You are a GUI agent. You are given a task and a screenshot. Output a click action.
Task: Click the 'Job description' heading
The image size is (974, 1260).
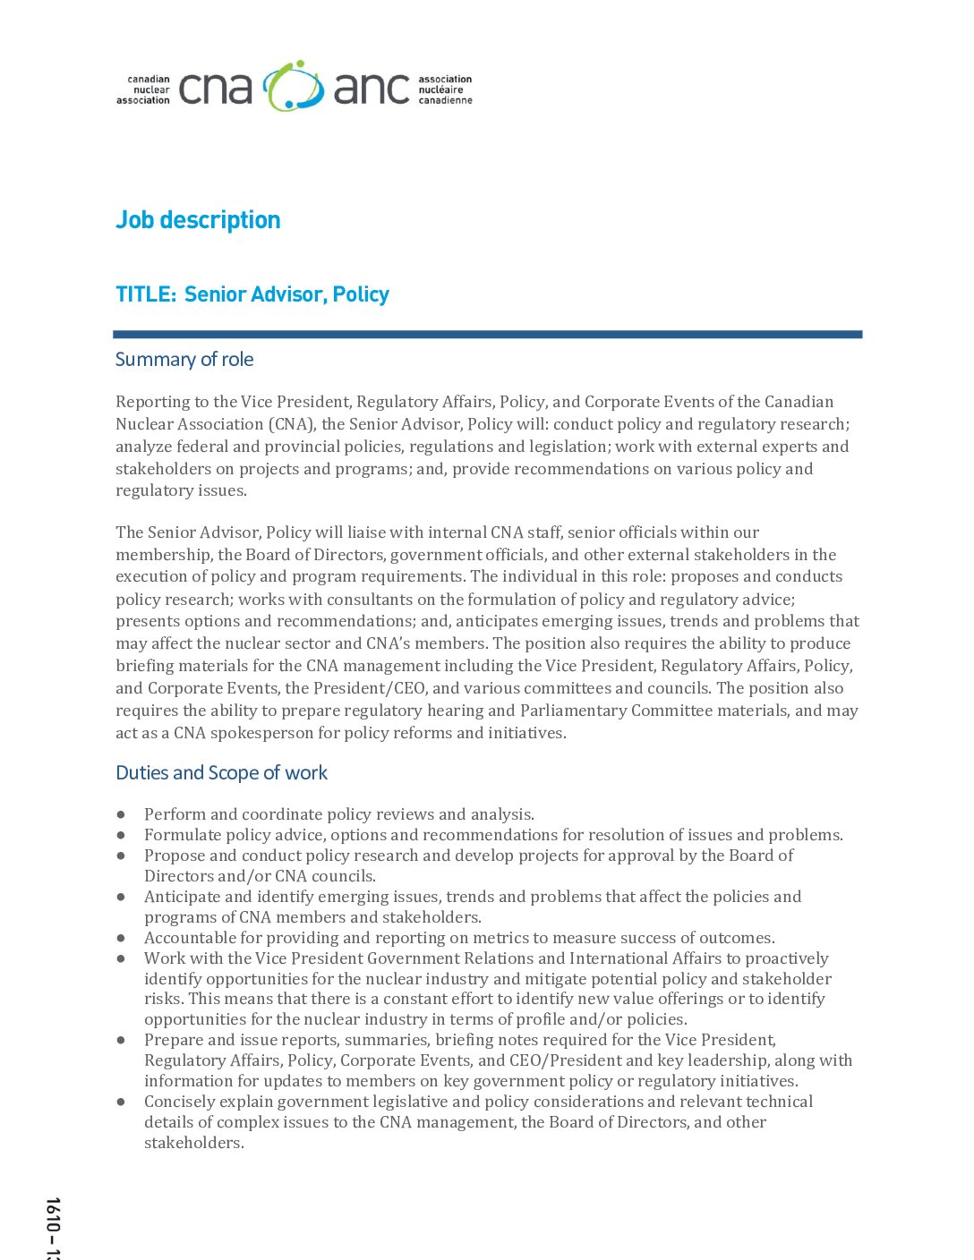(198, 220)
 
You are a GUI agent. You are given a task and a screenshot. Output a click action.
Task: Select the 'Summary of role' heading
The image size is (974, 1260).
(184, 360)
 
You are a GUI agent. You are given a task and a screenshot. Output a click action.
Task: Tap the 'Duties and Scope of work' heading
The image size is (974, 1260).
(221, 773)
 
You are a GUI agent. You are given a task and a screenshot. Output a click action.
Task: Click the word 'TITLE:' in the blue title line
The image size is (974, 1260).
(146, 294)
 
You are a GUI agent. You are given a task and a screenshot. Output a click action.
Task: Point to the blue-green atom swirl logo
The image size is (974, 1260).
(293, 87)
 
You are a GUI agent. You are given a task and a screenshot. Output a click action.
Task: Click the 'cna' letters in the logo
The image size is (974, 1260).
(216, 89)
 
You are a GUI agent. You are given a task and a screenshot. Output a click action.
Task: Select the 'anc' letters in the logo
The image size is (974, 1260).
(372, 89)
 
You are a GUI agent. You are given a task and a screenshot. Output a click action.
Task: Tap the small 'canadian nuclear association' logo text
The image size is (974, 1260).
(144, 89)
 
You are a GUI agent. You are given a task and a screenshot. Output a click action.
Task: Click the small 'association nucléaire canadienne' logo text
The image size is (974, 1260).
(445, 89)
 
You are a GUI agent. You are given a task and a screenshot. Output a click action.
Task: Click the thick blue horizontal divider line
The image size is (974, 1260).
(487, 335)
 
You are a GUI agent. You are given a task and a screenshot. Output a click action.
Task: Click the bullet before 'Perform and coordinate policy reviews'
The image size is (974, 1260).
(121, 814)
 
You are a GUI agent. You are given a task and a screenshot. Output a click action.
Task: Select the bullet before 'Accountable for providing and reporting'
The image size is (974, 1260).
(121, 938)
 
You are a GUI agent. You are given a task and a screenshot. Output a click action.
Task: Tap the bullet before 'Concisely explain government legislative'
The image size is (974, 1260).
(121, 1102)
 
